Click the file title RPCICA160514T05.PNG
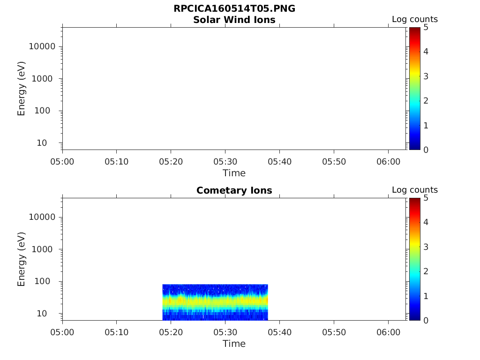point(234,9)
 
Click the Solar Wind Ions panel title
point(234,20)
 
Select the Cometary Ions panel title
point(234,190)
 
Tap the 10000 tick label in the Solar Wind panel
point(42,47)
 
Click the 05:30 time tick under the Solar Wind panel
point(225,162)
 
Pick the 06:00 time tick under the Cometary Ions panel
point(388,332)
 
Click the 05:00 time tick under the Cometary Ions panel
point(62,332)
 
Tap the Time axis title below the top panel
point(234,173)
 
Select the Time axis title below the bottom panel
point(234,344)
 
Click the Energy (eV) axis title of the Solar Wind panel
point(22,89)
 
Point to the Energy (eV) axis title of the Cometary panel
point(22,259)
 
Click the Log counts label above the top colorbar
point(414,20)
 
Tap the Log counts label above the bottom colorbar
point(414,190)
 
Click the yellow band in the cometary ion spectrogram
point(215,300)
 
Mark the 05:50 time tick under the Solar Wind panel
point(333,162)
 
